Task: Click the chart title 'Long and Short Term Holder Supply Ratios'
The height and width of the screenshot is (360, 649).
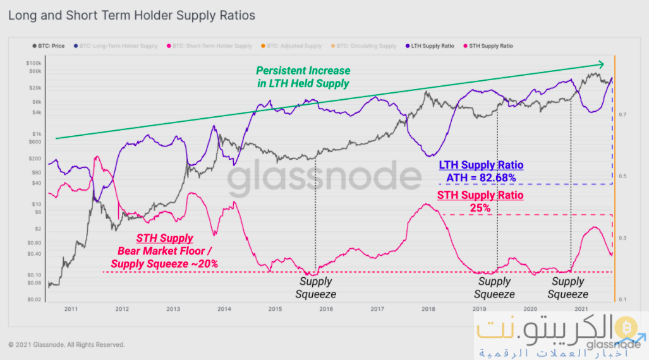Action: point(131,15)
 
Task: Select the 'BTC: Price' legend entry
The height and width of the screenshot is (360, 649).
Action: point(49,46)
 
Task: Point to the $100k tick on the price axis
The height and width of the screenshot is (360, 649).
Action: point(33,64)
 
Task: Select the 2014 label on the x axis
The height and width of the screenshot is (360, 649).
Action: point(224,309)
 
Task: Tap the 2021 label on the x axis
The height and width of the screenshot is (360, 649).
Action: point(581,309)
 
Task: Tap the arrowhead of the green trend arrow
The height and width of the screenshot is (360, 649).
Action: point(602,64)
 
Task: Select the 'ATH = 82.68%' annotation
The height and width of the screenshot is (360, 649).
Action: point(481,177)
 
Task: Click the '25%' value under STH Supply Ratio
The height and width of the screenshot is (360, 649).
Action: point(480,207)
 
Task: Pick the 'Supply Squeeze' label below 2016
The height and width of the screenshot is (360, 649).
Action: point(315,288)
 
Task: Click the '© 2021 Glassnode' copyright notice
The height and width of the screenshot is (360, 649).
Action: point(66,345)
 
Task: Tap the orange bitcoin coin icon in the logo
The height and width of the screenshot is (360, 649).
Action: point(626,326)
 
